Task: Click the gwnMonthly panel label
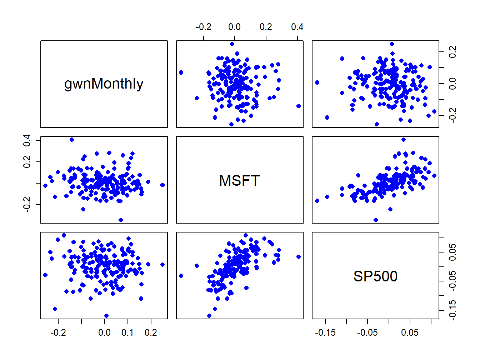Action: coord(104,84)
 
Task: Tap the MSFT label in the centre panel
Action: coord(239,181)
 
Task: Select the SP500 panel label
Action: coord(375,276)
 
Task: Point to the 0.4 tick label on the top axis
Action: coord(297,27)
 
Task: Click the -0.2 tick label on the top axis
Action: coord(204,27)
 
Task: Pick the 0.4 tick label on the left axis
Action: coord(27,140)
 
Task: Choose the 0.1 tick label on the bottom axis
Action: coord(127,333)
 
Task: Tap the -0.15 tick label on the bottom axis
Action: coord(325,333)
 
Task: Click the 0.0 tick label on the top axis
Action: coord(234,27)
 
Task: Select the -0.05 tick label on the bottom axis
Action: coord(367,333)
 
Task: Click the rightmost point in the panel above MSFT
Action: coord(299,106)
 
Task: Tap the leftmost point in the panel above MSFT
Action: coord(181,72)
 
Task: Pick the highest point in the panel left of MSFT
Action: coord(72,140)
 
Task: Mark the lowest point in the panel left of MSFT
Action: coord(121,220)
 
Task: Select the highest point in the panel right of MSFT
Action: coord(404,140)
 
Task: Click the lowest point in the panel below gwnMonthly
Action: coord(106,316)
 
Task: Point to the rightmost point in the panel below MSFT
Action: coord(299,257)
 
